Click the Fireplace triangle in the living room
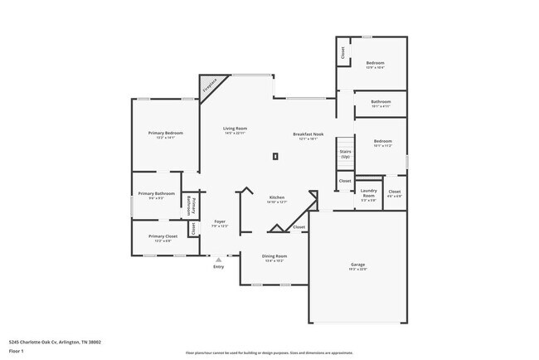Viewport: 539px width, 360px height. (210, 86)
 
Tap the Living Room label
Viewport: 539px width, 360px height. (235, 129)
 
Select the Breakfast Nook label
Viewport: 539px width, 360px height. (308, 134)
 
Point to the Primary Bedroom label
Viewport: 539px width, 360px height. (166, 134)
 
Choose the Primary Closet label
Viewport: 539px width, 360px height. (163, 236)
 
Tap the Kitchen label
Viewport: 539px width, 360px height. (277, 197)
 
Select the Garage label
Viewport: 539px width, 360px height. (357, 265)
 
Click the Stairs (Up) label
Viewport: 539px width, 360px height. (345, 153)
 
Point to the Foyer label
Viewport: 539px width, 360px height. (220, 221)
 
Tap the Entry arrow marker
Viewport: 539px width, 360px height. (218, 260)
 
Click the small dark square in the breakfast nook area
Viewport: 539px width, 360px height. (275, 156)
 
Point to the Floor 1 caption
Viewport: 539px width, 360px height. (17, 351)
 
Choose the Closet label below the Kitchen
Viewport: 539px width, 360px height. (299, 226)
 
